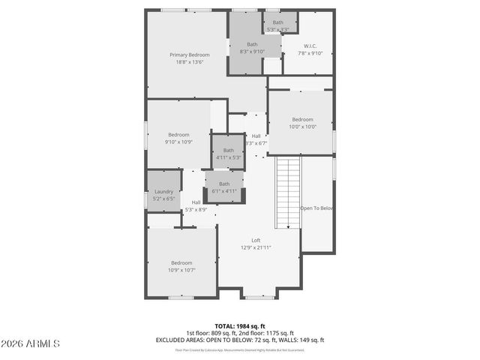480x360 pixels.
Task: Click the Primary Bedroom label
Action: [189, 55]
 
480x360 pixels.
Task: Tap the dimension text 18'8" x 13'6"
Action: [189, 62]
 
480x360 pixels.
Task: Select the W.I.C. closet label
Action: [311, 45]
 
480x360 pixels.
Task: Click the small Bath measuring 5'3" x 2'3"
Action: [278, 25]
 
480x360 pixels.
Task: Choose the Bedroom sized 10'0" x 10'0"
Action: [302, 123]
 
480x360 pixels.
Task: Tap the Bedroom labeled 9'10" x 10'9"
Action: [178, 138]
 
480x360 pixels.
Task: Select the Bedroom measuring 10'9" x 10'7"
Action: [181, 266]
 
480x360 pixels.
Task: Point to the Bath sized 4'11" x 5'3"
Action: [228, 153]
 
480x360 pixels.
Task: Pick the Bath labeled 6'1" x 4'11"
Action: [224, 187]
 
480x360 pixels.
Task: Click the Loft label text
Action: [256, 240]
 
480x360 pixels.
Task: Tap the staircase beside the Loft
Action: [288, 193]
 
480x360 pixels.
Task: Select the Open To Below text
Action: [316, 208]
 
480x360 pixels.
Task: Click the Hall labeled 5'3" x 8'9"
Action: [196, 205]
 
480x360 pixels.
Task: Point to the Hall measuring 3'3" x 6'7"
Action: [256, 139]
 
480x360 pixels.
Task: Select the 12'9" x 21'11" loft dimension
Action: [256, 247]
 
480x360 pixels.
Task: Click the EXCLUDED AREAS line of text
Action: [240, 340]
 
